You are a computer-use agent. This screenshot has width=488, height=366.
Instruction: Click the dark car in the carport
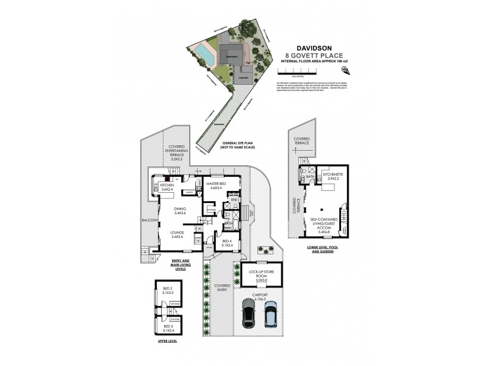[x=249, y=314]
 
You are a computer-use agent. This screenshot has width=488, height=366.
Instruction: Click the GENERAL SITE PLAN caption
[x=237, y=145]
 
